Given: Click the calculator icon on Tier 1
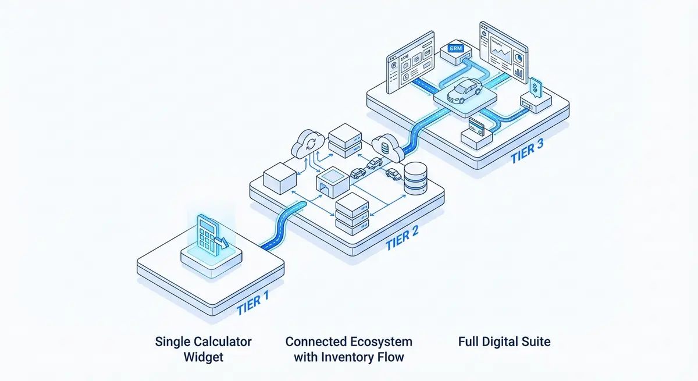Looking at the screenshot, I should pos(209,236).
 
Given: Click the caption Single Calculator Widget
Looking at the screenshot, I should pos(204,348).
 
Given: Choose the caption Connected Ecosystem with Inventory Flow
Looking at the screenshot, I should pos(348,348).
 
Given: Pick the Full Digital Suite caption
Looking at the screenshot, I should pos(504,341).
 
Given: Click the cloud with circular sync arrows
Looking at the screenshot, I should pos(309,143).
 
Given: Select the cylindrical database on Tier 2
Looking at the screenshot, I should pos(415,179).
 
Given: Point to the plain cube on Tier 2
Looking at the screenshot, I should pos(280,179).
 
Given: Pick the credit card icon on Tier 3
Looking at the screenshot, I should pos(479,126).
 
